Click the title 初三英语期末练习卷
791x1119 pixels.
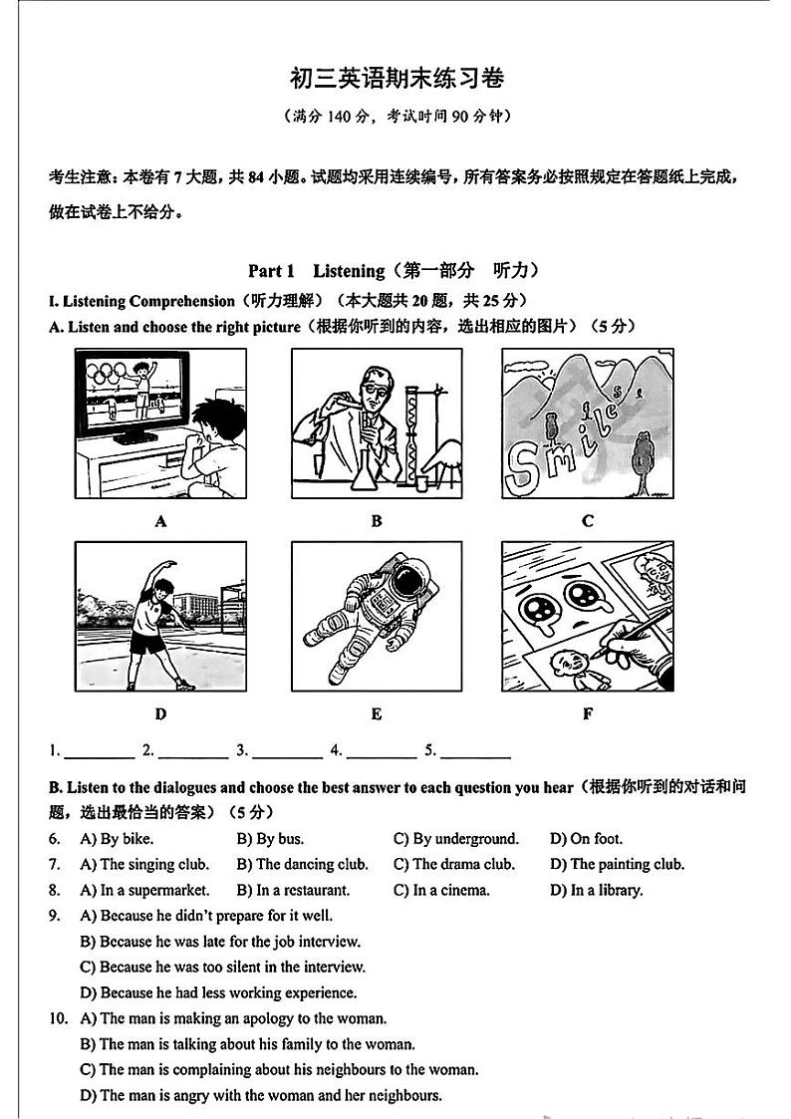pyautogui.click(x=396, y=79)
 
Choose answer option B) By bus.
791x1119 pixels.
pyautogui.click(x=270, y=839)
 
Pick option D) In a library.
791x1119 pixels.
pyautogui.click(x=596, y=891)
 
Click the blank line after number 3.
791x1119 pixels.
pyautogui.click(x=287, y=754)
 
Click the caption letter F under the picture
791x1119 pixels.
pyautogui.click(x=588, y=714)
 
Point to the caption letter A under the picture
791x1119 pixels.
pyautogui.click(x=160, y=521)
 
